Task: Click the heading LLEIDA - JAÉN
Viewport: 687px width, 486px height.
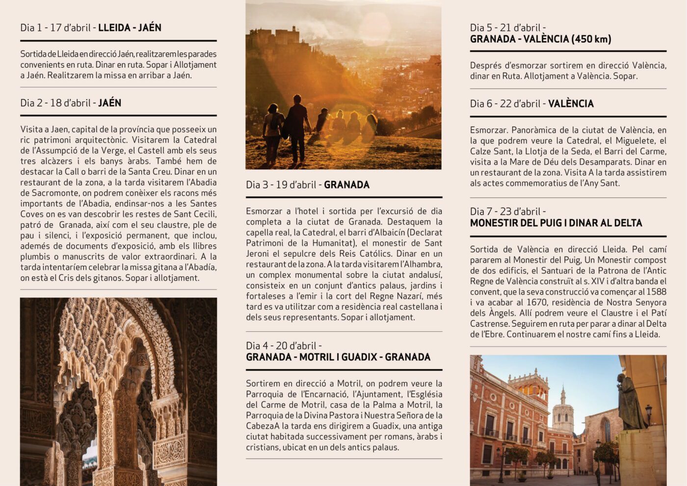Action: point(130,28)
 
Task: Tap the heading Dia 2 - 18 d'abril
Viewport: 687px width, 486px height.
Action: point(55,103)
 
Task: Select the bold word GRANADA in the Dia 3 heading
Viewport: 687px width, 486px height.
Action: point(346,185)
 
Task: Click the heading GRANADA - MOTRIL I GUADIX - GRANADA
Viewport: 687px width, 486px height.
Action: point(338,357)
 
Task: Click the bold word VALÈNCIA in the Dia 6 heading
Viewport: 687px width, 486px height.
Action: point(571,104)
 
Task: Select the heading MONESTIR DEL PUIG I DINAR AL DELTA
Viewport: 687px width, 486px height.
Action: point(556,223)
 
